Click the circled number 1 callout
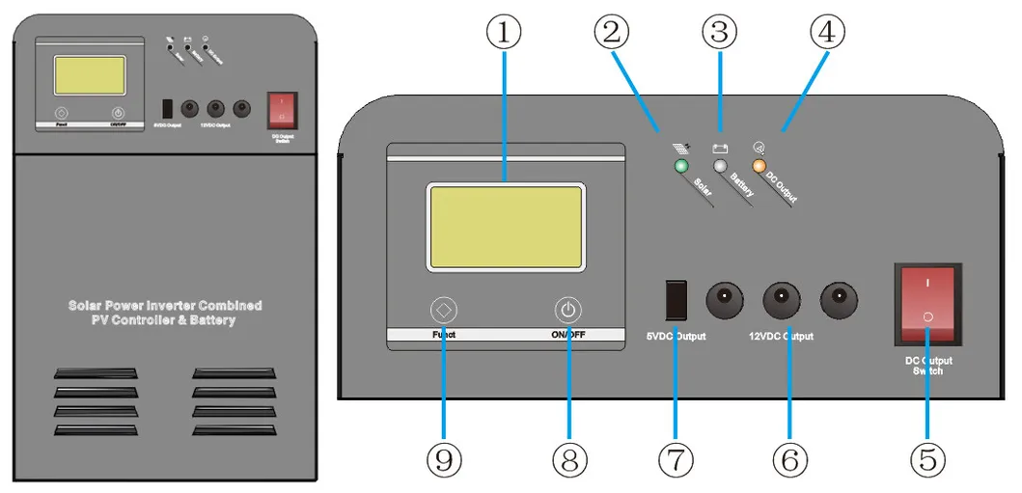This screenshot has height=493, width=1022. pos(503,33)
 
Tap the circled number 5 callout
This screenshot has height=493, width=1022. pos(927,461)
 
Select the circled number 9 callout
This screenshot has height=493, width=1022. pos(444,461)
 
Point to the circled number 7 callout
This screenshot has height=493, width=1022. pos(676,461)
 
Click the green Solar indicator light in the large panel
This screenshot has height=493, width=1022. pos(681,167)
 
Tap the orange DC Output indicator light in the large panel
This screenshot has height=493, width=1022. pos(758,167)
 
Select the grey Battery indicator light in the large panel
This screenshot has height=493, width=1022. pos(720,167)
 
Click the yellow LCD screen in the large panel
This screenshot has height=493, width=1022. pos(506,227)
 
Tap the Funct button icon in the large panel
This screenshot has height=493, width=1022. pos(444,311)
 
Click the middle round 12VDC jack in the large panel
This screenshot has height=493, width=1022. pos(782,300)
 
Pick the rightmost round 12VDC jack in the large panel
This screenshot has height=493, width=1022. pos(839,300)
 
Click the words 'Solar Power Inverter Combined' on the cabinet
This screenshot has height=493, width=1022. pos(165,305)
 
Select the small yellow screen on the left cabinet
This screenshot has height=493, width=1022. pos(89,74)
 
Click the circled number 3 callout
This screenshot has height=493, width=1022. pos(718,33)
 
